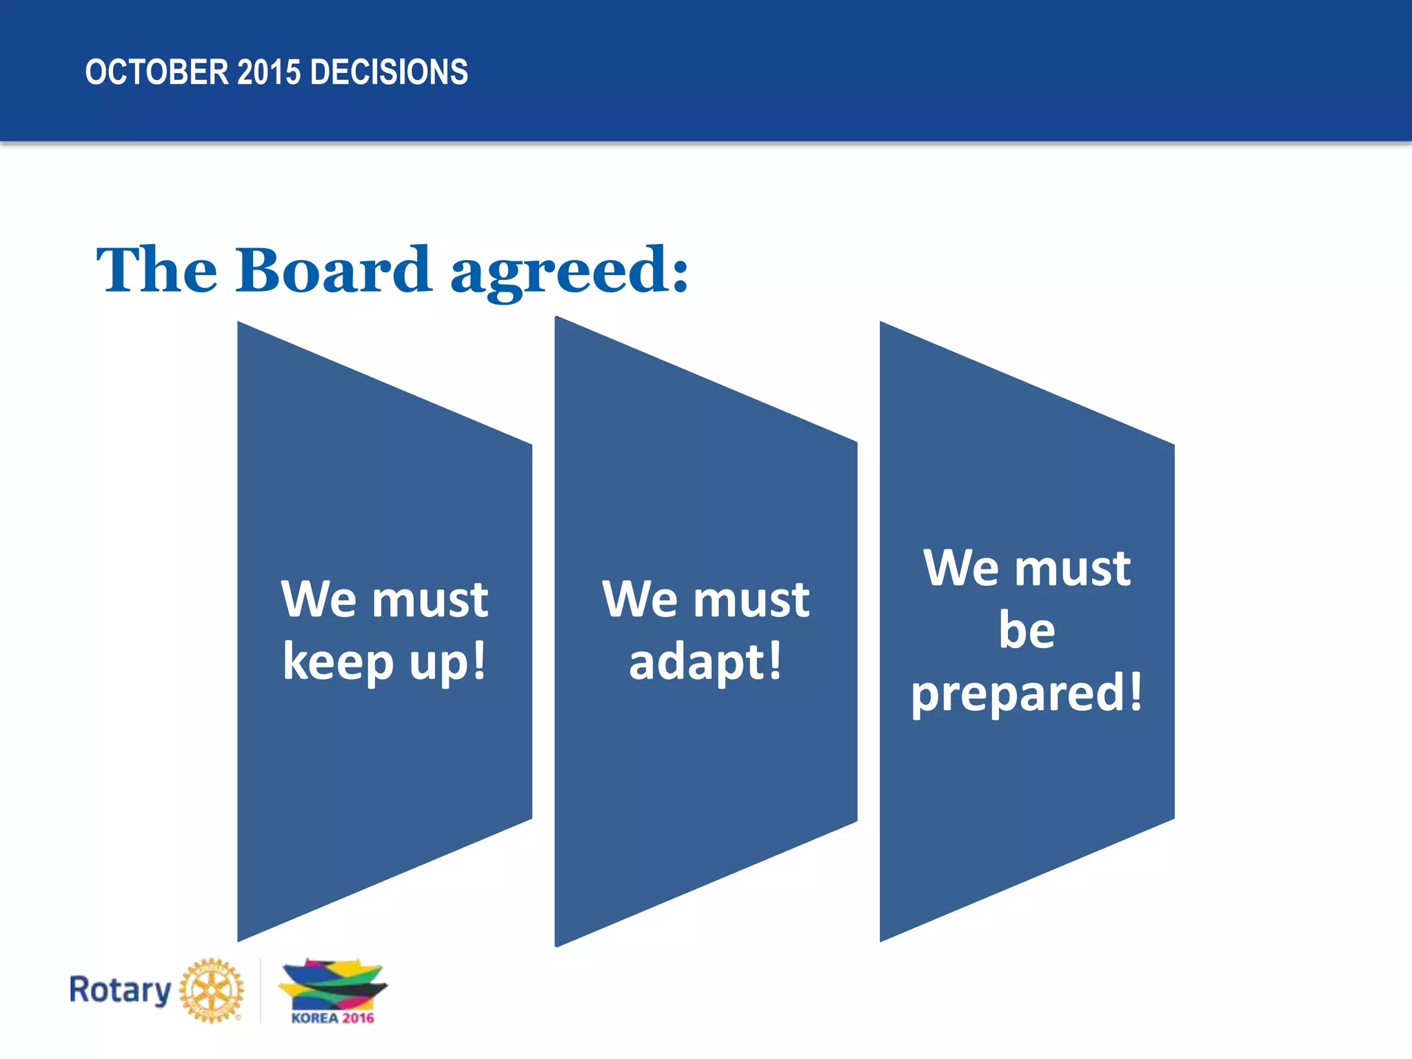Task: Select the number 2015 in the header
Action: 269,72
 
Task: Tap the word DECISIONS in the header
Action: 389,72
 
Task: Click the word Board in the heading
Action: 334,270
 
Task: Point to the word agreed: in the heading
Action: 569,272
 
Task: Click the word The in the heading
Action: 157,270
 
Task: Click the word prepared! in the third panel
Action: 1026,693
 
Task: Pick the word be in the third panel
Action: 1027,629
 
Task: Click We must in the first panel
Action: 384,598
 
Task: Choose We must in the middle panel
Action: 705,598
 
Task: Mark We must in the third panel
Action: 1027,568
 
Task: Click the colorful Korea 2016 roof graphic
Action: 332,985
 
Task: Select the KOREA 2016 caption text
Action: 332,1018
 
